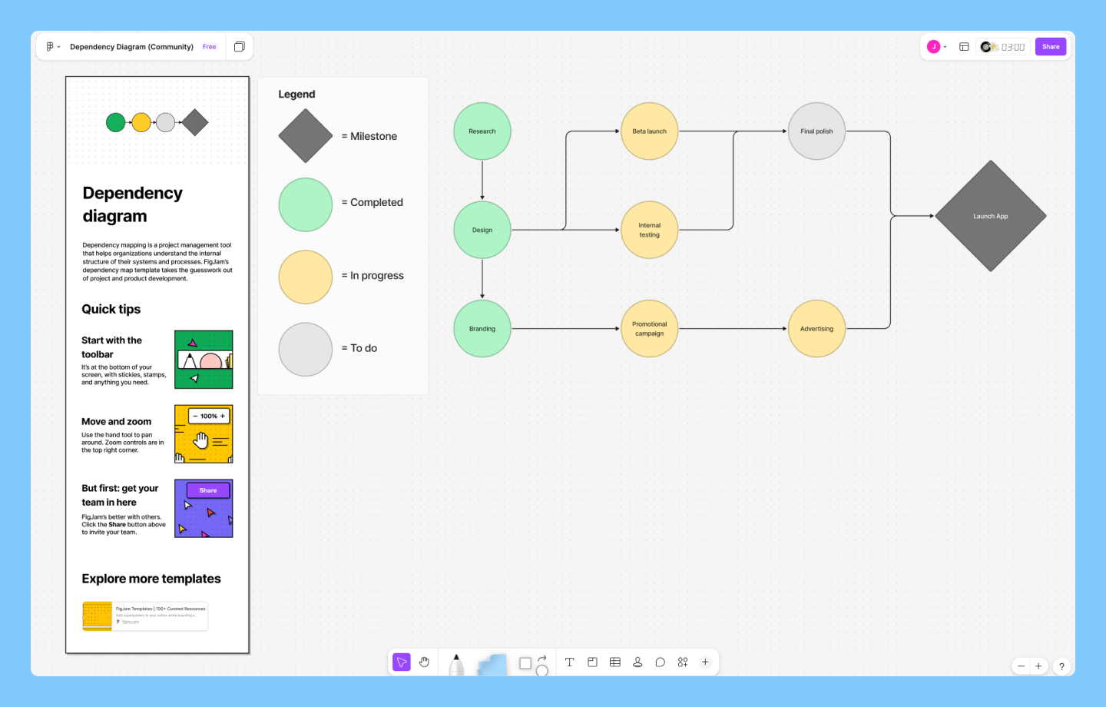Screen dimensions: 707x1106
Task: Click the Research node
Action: click(x=482, y=131)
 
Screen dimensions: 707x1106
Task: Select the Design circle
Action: click(x=482, y=230)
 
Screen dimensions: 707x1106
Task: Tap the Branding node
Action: click(x=482, y=329)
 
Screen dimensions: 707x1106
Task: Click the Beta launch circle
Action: click(x=649, y=131)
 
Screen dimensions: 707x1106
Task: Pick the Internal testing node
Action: click(x=649, y=230)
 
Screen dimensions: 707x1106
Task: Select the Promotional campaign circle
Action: click(x=649, y=329)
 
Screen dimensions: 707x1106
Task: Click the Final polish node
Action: click(x=816, y=131)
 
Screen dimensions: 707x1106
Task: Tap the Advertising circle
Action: click(x=816, y=329)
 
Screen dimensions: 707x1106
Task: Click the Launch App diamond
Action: click(x=990, y=216)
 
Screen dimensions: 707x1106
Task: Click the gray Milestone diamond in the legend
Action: click(x=306, y=136)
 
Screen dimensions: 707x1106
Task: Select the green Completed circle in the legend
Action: click(x=306, y=204)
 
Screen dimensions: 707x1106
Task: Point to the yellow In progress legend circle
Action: click(x=306, y=277)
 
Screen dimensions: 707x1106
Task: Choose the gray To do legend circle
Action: click(x=306, y=349)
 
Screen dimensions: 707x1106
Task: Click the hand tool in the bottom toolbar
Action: click(x=424, y=662)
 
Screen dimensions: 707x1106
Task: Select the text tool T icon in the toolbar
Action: click(x=570, y=662)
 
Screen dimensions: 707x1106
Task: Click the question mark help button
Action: click(x=1061, y=666)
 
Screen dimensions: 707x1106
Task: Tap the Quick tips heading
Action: click(x=111, y=309)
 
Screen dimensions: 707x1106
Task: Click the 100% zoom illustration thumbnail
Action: click(x=204, y=434)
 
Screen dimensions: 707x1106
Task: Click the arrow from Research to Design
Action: click(x=482, y=180)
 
